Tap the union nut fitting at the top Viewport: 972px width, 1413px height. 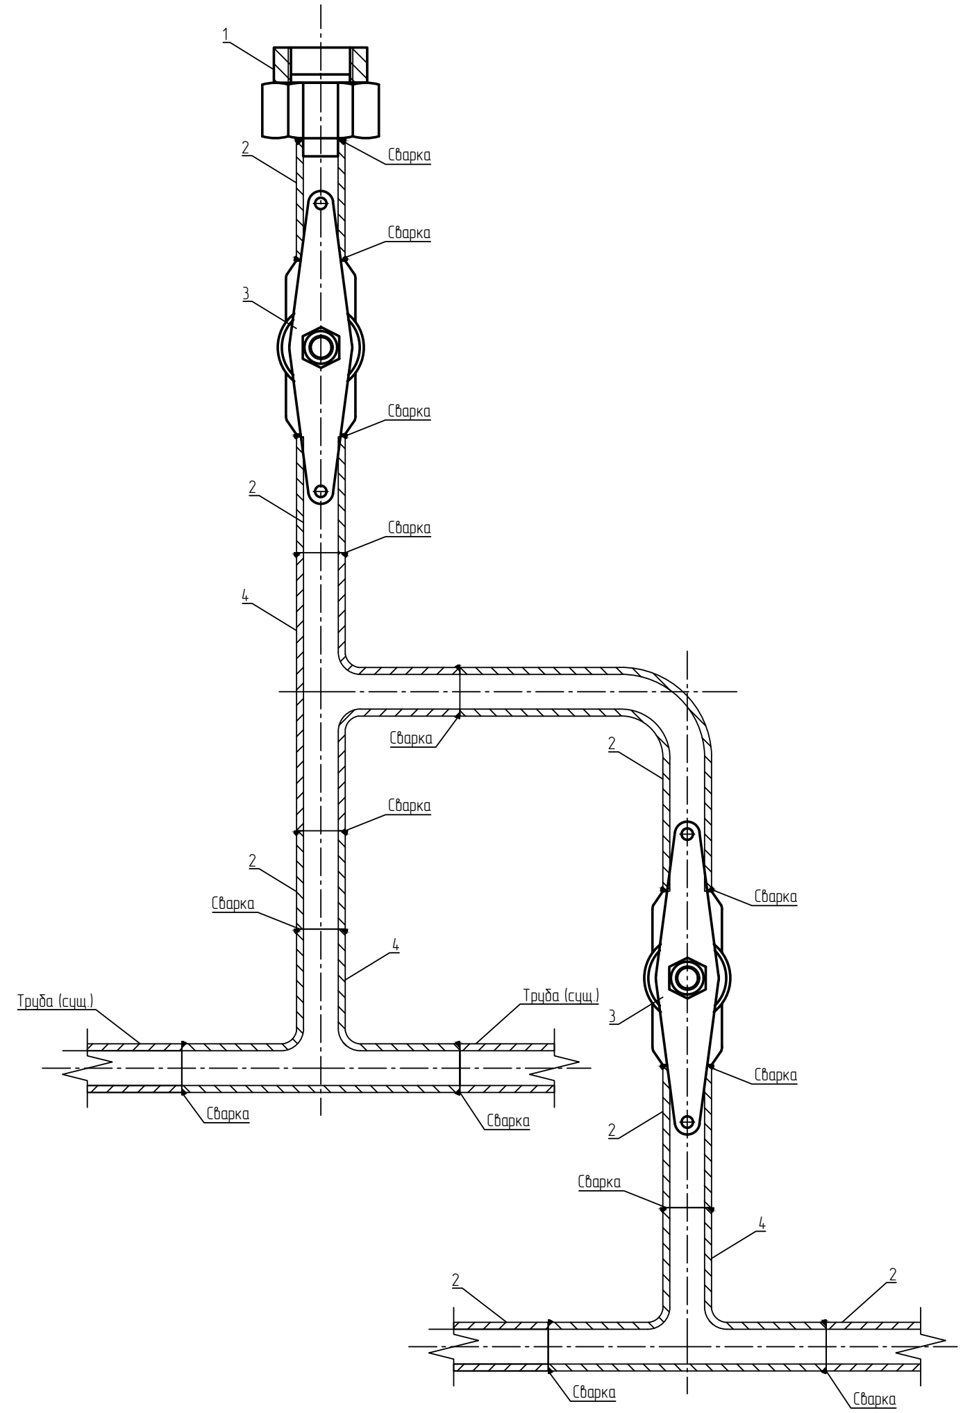321,101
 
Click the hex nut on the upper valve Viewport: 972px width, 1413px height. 321,346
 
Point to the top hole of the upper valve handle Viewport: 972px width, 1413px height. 321,203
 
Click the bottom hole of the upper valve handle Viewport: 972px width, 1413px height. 321,490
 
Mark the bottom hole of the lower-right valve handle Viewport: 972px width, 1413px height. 687,1121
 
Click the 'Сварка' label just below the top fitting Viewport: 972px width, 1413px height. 408,156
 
